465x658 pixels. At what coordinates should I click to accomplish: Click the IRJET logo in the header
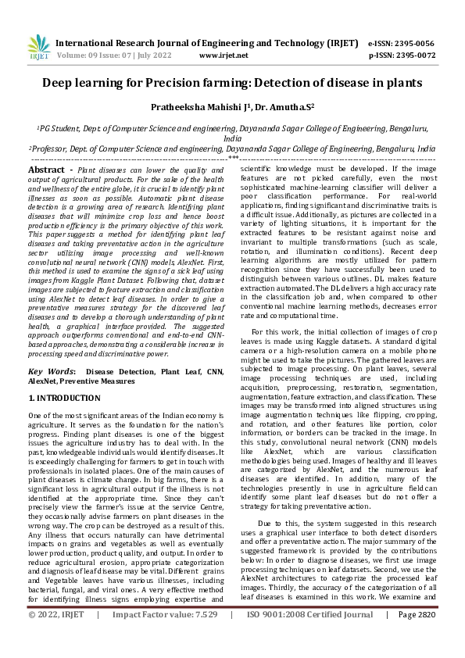tap(38, 48)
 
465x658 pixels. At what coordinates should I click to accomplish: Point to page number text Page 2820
tap(418, 637)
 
